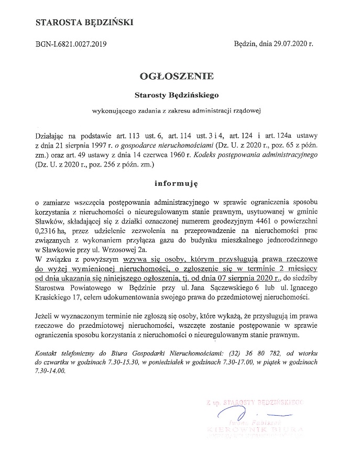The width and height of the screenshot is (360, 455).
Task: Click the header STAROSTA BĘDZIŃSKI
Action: [x=83, y=22]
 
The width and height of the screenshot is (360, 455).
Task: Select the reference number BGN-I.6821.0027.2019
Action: [x=71, y=45]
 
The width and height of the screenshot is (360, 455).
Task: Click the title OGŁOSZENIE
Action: [x=176, y=76]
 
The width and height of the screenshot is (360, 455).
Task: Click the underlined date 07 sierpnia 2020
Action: [x=244, y=278]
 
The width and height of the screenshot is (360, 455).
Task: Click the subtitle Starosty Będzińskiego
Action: [x=176, y=95]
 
